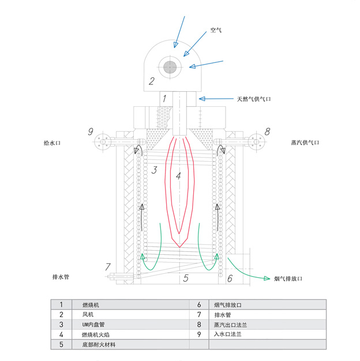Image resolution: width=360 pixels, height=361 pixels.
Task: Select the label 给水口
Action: coord(52,142)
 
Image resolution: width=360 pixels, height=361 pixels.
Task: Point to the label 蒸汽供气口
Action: coord(305,142)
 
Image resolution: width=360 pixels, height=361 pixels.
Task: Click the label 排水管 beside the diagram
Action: coord(61,277)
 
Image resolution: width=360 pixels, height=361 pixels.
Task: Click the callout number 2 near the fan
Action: coord(151,81)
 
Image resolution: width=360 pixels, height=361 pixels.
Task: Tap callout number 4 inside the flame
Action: coord(178,177)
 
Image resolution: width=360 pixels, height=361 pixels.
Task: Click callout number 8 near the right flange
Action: coord(267,132)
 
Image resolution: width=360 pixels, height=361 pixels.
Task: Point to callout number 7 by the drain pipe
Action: coord(107,267)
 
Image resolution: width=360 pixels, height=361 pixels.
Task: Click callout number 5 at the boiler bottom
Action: coord(186,278)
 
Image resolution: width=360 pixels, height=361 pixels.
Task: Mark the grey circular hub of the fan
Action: coord(171,66)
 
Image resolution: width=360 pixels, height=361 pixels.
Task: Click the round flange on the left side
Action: coord(104,142)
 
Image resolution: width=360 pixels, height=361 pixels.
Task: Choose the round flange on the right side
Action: coord(255,142)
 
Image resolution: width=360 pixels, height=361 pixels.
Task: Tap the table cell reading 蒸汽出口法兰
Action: coord(230,324)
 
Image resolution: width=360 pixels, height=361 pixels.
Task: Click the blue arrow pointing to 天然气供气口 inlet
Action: coord(216,99)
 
